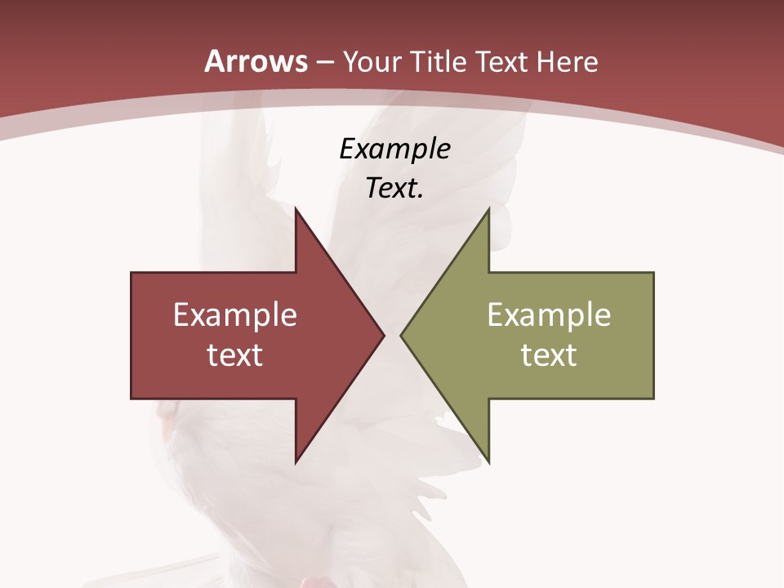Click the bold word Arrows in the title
point(256,62)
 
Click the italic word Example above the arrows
point(394,149)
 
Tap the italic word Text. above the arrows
point(394,189)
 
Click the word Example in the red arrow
point(235,314)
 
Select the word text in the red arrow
point(235,354)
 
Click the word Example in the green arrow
point(549,314)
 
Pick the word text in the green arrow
point(549,354)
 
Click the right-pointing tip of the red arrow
point(384,335)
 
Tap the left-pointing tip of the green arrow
point(401,335)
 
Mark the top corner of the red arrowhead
point(296,209)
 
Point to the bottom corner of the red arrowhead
point(296,461)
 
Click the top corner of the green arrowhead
point(488,209)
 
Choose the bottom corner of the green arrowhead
point(488,461)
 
